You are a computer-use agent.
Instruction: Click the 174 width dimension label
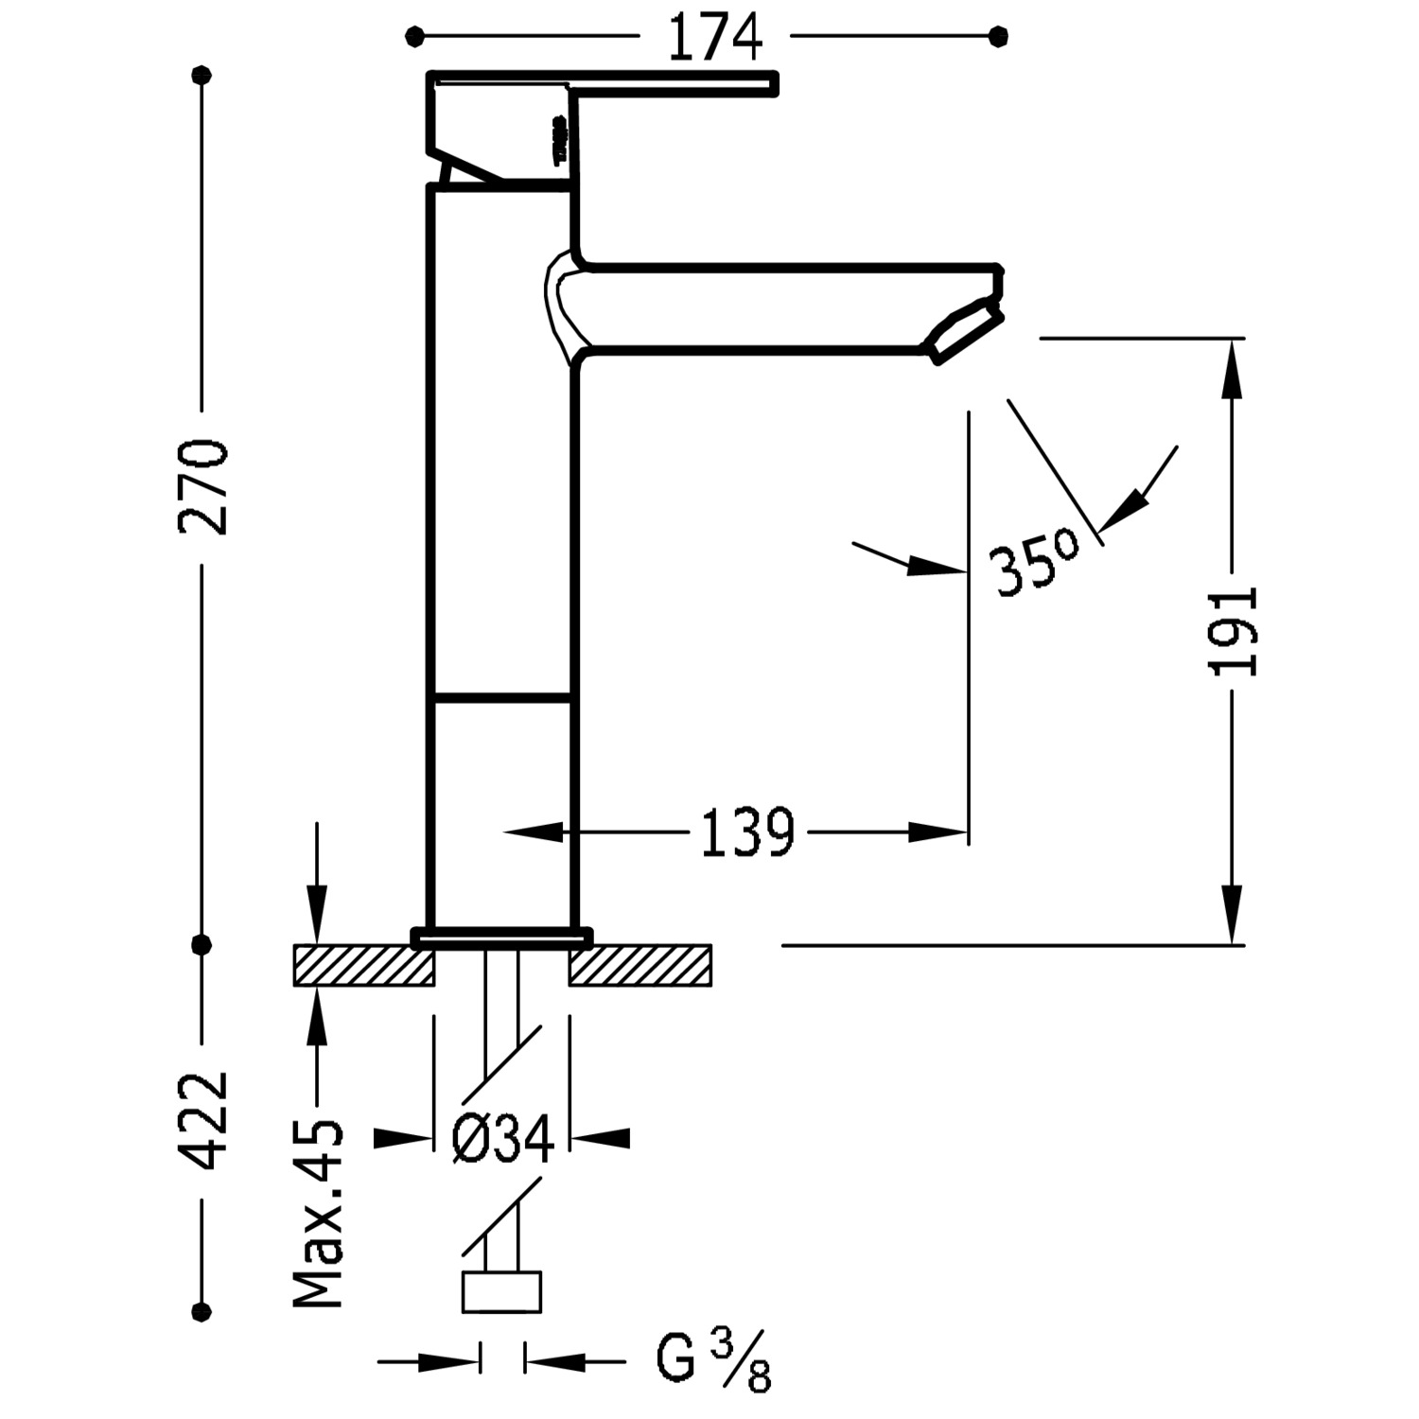[714, 38]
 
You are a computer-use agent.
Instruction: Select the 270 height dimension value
[203, 487]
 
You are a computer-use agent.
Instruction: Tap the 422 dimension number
[203, 1121]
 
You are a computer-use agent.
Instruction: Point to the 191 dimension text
[1233, 631]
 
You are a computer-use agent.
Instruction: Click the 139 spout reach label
[747, 833]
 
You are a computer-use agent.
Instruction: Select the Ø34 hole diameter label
[502, 1139]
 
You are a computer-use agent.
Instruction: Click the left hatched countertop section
[364, 966]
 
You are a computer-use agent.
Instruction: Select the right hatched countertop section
[640, 966]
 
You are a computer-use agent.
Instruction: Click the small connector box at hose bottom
[501, 1292]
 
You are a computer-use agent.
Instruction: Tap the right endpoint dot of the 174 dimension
[999, 37]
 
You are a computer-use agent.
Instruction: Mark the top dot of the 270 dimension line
[201, 75]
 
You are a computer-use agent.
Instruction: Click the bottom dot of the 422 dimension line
[201, 1312]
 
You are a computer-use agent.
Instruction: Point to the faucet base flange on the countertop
[501, 937]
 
